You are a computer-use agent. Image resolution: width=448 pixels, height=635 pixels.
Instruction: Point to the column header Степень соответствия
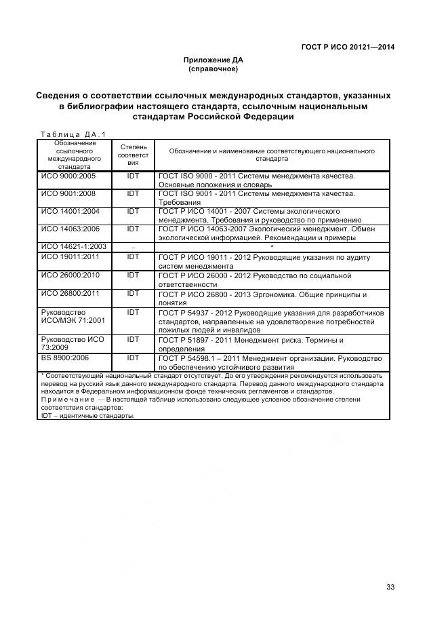point(133,154)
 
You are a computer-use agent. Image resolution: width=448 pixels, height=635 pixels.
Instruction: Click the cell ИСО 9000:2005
point(68,176)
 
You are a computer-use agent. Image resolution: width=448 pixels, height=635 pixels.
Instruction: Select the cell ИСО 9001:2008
point(68,193)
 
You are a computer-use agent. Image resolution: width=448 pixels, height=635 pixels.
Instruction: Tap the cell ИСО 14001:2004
point(70,211)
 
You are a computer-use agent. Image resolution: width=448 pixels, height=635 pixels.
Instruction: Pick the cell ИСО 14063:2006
point(70,229)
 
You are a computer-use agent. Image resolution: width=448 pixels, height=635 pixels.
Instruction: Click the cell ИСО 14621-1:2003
point(73,246)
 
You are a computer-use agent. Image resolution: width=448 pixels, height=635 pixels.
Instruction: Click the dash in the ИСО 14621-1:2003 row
point(133,246)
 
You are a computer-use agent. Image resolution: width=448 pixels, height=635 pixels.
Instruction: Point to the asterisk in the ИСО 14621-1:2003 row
point(272,246)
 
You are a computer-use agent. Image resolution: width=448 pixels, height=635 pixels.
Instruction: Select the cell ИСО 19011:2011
point(70,258)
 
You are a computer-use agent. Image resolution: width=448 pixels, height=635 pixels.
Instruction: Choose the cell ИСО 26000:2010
point(70,275)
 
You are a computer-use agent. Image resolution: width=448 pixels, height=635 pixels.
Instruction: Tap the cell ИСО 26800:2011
point(70,294)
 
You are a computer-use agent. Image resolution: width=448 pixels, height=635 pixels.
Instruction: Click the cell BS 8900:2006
point(65,358)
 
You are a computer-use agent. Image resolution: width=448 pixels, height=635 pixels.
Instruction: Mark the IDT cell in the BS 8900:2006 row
point(133,358)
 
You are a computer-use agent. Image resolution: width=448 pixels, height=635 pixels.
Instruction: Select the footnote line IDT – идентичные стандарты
point(87,416)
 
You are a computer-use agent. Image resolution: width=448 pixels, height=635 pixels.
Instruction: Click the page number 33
point(390,588)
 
